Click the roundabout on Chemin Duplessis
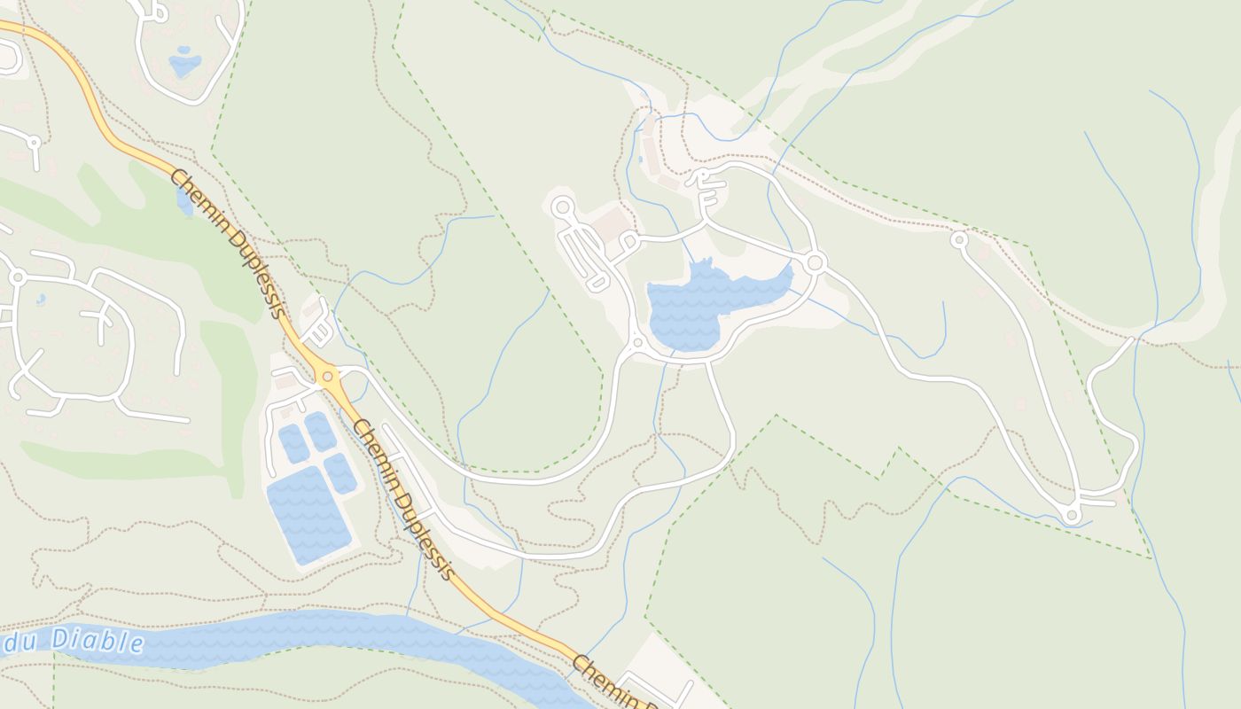(x=328, y=377)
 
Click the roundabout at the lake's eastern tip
(x=816, y=262)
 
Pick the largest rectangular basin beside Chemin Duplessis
(x=308, y=514)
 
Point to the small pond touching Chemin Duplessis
(x=184, y=203)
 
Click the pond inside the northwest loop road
(x=184, y=64)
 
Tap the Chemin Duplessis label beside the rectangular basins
(x=403, y=501)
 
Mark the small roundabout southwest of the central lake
(x=636, y=342)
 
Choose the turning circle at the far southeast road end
(x=1072, y=515)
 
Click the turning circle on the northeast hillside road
(x=958, y=239)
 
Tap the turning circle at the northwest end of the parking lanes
(x=562, y=207)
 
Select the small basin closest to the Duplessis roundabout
(x=321, y=431)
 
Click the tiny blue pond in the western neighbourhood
(x=41, y=300)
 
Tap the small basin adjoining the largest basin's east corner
(x=340, y=473)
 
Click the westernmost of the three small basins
(x=293, y=443)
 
